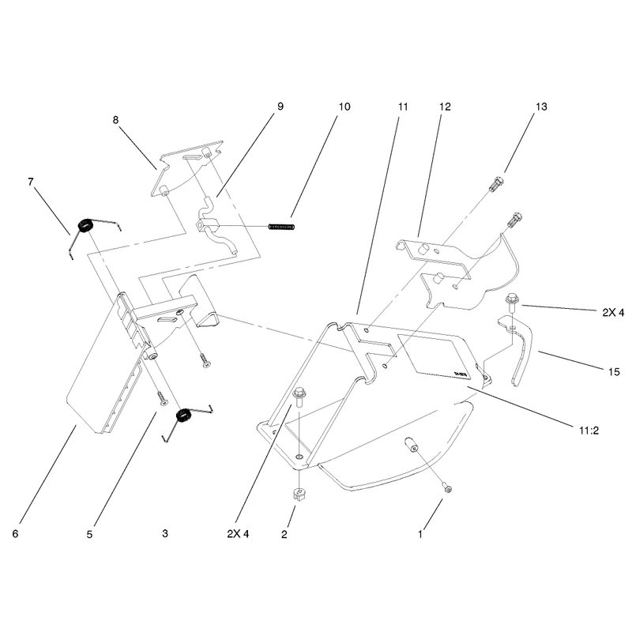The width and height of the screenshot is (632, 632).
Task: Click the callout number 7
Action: click(31, 182)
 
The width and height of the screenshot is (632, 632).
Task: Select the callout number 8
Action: click(115, 120)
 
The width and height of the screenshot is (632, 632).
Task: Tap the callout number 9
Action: click(280, 107)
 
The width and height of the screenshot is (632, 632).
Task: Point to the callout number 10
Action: click(344, 107)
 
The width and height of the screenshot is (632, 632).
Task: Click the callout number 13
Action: click(541, 107)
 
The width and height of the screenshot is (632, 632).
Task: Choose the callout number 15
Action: click(614, 371)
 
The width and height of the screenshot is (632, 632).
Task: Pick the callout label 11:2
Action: click(589, 431)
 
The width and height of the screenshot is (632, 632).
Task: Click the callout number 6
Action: click(15, 534)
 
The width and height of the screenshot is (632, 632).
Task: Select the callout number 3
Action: click(165, 534)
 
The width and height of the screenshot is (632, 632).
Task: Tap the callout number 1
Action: click(420, 535)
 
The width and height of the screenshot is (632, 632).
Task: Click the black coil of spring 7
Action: click(85, 225)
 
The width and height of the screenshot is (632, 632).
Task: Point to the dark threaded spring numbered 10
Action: click(281, 227)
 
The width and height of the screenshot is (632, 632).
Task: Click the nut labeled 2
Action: click(298, 495)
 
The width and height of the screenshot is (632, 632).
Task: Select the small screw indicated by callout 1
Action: click(447, 488)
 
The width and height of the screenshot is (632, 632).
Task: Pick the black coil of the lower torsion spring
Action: click(183, 416)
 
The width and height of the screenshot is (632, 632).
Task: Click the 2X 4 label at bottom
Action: click(239, 534)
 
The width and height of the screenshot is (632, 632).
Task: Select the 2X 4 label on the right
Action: click(614, 312)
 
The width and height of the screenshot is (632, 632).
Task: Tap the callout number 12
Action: click(445, 107)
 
